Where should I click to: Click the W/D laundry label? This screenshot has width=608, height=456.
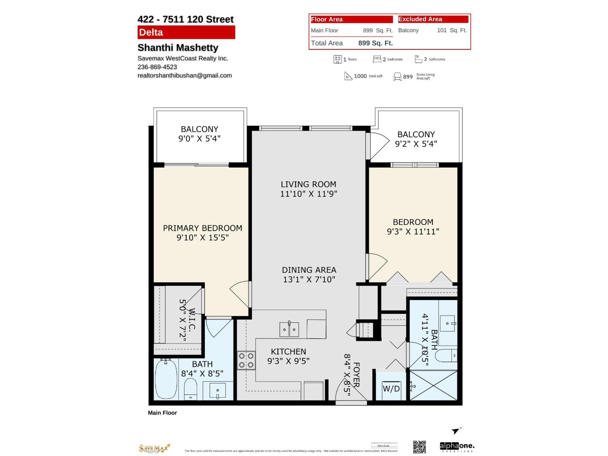click(x=391, y=389)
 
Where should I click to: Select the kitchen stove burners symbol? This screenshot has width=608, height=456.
click(x=246, y=361)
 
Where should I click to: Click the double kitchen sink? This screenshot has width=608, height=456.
click(x=289, y=329)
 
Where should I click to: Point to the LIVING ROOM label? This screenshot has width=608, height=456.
click(x=308, y=184)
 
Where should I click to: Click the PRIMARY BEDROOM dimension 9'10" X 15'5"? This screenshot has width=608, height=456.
click(x=203, y=237)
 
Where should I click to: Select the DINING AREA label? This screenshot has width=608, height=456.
click(x=309, y=270)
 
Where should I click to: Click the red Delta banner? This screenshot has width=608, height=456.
click(x=186, y=32)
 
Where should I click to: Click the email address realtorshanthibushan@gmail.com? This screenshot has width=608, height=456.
click(x=185, y=75)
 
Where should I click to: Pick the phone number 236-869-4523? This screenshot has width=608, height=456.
click(x=157, y=67)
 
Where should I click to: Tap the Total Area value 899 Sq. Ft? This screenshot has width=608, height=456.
click(x=375, y=43)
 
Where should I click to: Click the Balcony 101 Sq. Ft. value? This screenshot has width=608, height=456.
click(x=451, y=30)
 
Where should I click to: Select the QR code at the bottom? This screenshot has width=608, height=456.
click(x=420, y=447)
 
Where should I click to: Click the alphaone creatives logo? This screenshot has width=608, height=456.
click(x=457, y=446)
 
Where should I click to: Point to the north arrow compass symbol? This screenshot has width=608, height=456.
click(x=456, y=431)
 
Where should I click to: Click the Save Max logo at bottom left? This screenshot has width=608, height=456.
click(x=154, y=448)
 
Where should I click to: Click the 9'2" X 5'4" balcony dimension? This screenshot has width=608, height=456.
click(x=416, y=144)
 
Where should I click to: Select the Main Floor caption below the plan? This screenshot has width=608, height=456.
click(x=162, y=413)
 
